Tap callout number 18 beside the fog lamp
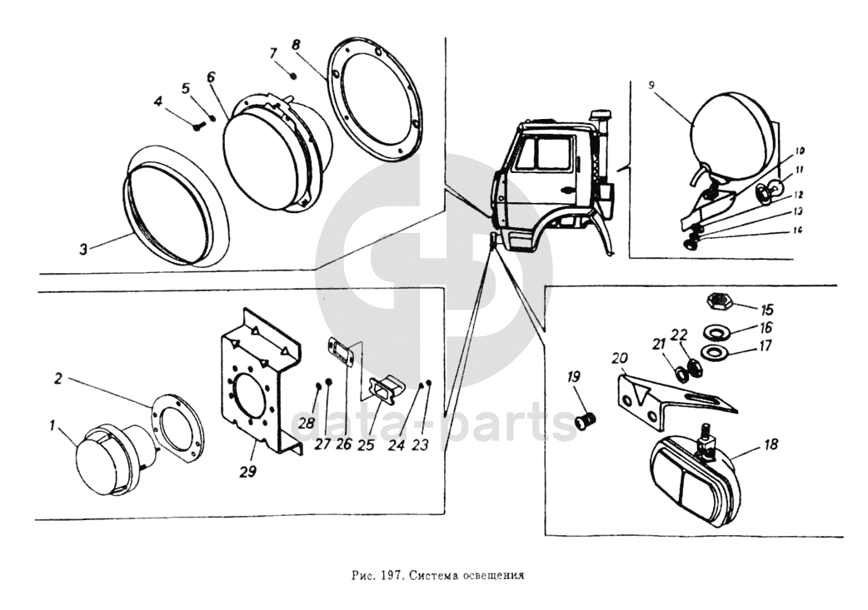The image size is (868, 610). [771, 445]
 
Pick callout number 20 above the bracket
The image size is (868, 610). [619, 359]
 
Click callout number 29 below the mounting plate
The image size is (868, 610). [247, 471]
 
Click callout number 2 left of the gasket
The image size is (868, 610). [57, 379]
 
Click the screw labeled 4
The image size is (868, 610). [197, 127]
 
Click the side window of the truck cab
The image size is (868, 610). [551, 155]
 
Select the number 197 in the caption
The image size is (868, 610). [393, 574]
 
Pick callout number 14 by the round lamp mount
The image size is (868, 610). [797, 229]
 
